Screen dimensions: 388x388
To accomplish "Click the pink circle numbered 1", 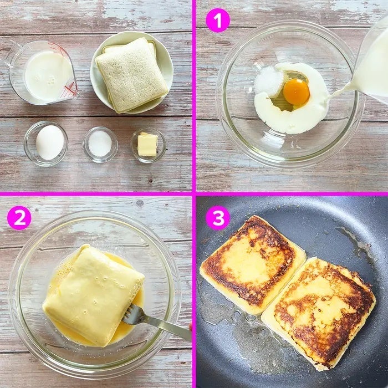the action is (218, 21).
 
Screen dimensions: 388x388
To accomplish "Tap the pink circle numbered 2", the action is (19, 218).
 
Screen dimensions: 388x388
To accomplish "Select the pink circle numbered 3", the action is (218, 218).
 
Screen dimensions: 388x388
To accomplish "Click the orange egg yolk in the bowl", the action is (296, 92).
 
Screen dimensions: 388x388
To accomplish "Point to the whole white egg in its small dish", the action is (50, 142).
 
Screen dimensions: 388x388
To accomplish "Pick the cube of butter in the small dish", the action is (147, 144).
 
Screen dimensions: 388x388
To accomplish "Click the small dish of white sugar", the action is (100, 145).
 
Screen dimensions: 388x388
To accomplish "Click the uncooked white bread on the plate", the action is (131, 75).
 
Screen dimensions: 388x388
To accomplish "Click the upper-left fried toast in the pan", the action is (252, 264).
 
